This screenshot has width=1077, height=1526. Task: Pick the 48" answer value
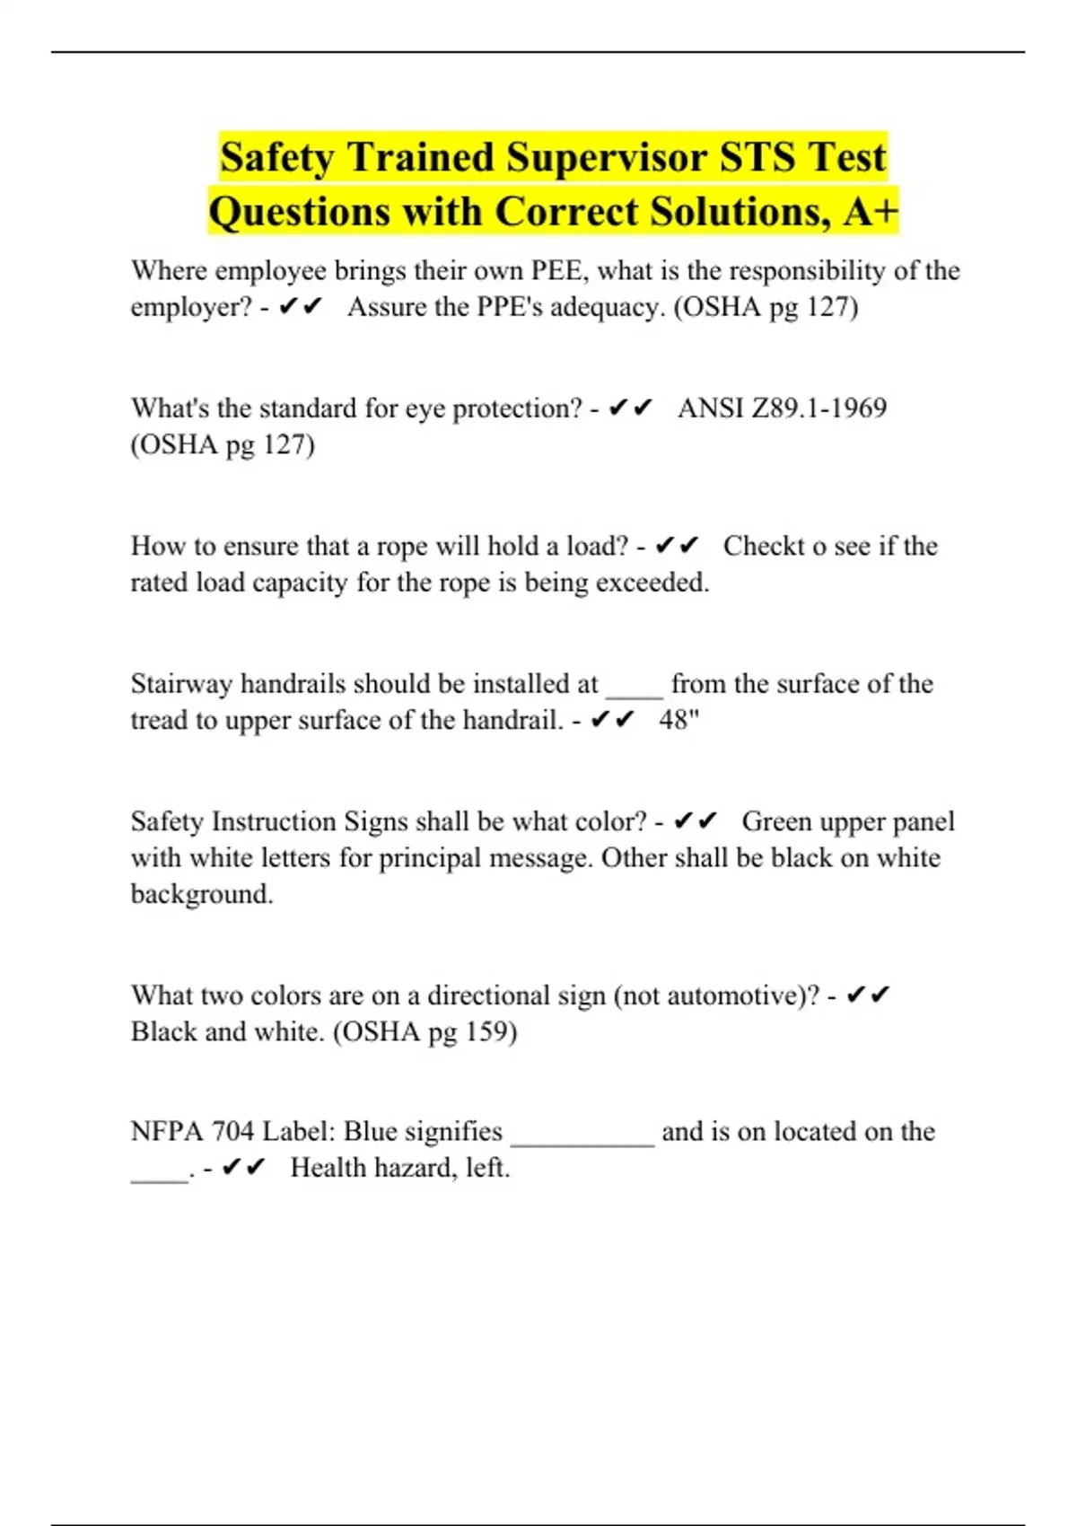point(679,720)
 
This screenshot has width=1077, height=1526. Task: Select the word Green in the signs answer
point(777,821)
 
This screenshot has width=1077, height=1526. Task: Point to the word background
point(202,894)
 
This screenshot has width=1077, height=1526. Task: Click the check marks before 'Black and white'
point(868,995)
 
